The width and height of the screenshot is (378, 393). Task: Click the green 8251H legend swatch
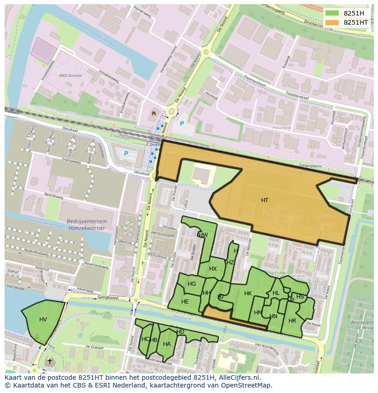click(x=332, y=13)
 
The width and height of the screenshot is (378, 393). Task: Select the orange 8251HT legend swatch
click(x=332, y=22)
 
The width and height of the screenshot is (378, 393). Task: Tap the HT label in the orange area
click(x=265, y=200)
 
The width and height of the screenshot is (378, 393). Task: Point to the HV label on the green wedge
click(x=43, y=320)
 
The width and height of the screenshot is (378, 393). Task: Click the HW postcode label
click(x=203, y=235)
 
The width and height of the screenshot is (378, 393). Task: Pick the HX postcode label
click(x=213, y=269)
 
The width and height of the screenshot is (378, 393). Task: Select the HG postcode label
click(x=192, y=284)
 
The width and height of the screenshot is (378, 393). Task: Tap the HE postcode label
click(x=185, y=302)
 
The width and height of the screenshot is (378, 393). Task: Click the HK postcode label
click(x=248, y=293)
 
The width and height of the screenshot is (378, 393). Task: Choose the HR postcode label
click(x=292, y=321)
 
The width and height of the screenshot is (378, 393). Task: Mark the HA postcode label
click(x=167, y=344)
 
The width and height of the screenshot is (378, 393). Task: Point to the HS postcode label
click(x=300, y=297)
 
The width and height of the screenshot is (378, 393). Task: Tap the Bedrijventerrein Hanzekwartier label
click(x=86, y=224)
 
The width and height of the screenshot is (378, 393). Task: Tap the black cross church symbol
click(x=49, y=361)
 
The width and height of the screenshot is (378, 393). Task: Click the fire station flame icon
click(x=153, y=112)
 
